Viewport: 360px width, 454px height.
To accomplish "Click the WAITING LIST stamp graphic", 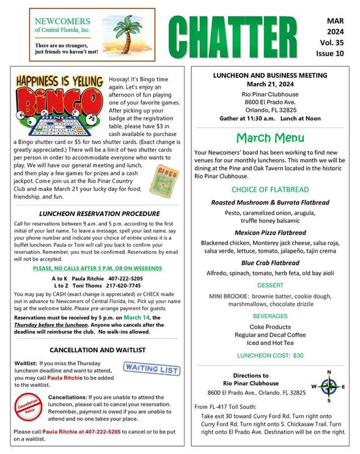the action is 152,370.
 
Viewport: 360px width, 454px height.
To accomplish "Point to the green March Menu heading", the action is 270,137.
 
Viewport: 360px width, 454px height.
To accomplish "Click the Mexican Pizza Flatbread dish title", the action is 270,233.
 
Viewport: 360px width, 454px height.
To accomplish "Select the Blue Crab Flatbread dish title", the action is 270,262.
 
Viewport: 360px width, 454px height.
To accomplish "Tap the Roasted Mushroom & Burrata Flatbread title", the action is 270,203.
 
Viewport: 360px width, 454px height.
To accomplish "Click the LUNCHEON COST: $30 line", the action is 270,355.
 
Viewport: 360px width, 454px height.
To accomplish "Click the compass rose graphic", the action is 329,387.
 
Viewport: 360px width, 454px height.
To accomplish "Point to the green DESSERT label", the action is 270,286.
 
